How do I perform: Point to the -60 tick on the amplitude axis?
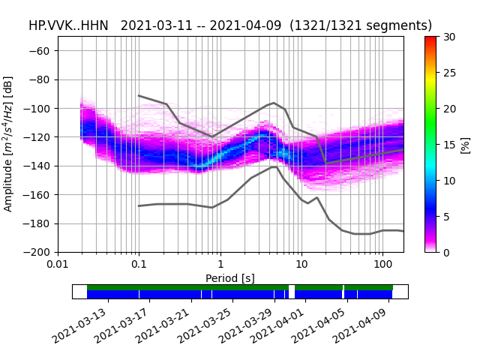point(42,51)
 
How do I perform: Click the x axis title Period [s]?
point(230,278)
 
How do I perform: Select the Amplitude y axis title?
point(8,144)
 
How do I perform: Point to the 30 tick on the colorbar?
point(448,37)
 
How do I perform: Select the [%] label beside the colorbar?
point(465,144)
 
